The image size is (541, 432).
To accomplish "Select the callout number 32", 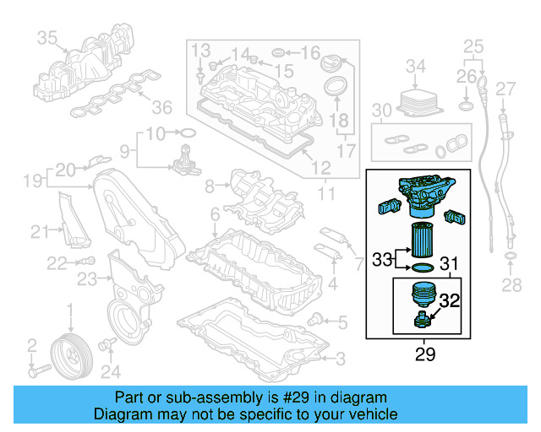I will pos(450,299).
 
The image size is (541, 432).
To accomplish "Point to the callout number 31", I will pos(450,264).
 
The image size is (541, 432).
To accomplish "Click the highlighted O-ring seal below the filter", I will pos(420,268).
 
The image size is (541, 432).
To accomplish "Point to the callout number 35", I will pos(46,37).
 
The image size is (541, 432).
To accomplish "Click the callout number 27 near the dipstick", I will pos(505,89).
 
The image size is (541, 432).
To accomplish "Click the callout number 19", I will pos(31,180).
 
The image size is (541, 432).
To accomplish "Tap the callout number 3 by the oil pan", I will pos(340,360).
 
